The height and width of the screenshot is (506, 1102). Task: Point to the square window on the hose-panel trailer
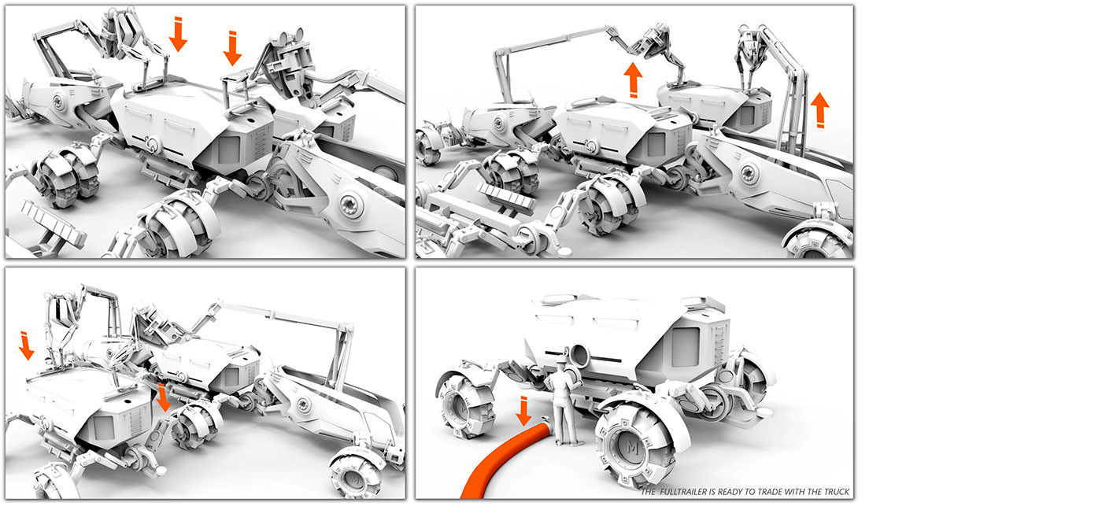686,347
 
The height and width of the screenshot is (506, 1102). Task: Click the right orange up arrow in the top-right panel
819,109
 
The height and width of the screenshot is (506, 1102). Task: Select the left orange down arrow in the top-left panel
179,34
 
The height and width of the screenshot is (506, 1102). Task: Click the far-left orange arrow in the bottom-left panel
26,345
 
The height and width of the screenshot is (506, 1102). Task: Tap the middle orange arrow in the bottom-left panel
163,397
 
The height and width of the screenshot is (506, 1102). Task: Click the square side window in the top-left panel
229,148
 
